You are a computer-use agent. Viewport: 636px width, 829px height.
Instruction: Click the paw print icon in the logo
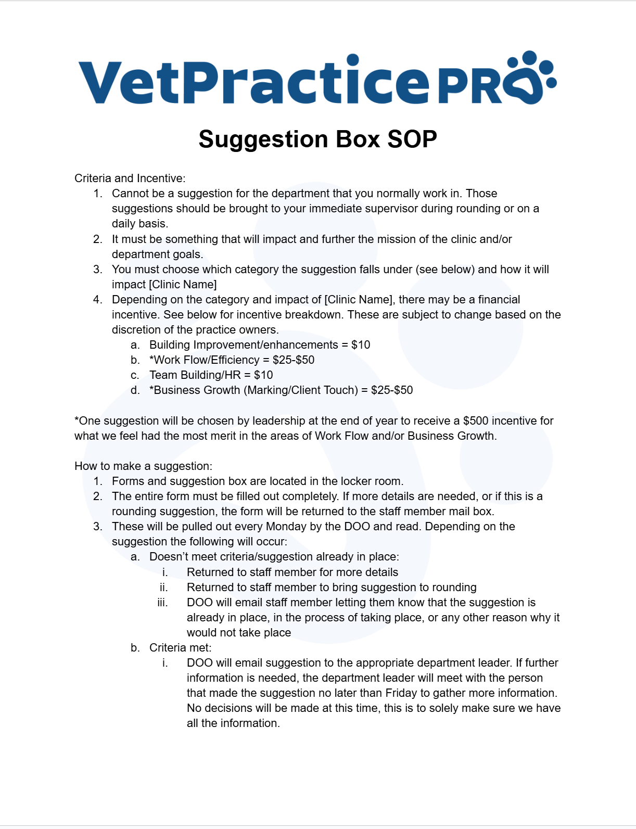pyautogui.click(x=531, y=78)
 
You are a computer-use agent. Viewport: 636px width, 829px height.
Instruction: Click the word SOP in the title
pyautogui.click(x=412, y=139)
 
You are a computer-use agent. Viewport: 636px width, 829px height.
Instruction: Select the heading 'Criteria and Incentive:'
pyautogui.click(x=130, y=178)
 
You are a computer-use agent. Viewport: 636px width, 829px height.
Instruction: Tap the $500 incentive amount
pyautogui.click(x=476, y=421)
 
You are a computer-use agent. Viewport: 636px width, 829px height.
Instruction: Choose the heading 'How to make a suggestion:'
pyautogui.click(x=143, y=466)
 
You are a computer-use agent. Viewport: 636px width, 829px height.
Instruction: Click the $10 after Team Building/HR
pyautogui.click(x=263, y=375)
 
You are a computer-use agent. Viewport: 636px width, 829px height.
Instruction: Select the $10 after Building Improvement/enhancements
pyautogui.click(x=361, y=345)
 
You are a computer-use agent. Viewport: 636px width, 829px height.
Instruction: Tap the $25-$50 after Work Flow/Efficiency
pyautogui.click(x=294, y=360)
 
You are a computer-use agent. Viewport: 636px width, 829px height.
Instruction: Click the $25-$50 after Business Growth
pyautogui.click(x=392, y=390)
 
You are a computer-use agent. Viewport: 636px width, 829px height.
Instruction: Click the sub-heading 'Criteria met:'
pyautogui.click(x=180, y=648)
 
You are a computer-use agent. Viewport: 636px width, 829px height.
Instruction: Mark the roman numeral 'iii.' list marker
pyautogui.click(x=162, y=603)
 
